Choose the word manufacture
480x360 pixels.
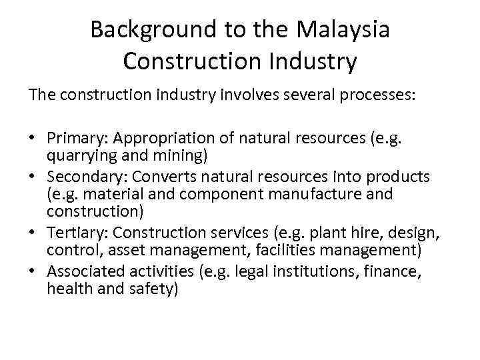coord(309,195)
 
